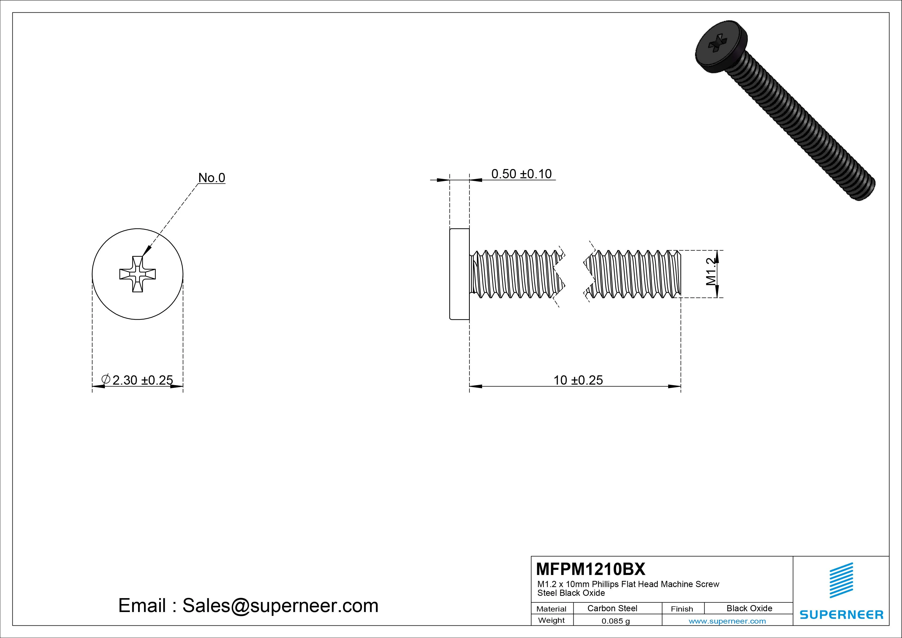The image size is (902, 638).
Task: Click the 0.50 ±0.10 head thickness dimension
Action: click(521, 174)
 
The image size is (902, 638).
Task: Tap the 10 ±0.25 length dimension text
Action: click(578, 380)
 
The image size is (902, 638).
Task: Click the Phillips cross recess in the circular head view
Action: click(138, 274)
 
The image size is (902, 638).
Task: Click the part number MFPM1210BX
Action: click(590, 569)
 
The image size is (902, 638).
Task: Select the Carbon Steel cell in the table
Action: click(612, 608)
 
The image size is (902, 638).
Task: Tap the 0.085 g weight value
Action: click(615, 621)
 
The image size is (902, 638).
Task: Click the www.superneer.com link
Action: click(727, 621)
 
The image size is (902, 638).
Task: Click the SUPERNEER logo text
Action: click(841, 614)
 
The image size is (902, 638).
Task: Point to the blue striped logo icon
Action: click(841, 580)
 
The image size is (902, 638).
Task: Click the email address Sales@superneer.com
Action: click(280, 605)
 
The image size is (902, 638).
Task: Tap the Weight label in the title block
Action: click(551, 620)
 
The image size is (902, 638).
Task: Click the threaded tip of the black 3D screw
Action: click(863, 188)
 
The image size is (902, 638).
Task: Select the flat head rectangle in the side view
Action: click(459, 274)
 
